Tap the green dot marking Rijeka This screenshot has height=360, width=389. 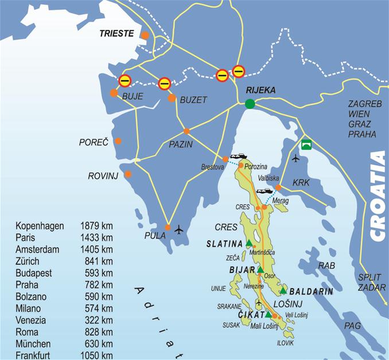[250, 104]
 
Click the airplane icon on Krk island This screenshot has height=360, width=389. [295, 158]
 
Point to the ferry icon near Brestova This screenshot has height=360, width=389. [238, 156]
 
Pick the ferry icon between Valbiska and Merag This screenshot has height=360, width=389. [264, 191]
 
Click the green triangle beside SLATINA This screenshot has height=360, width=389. [249, 244]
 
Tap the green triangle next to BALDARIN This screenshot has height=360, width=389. [283, 291]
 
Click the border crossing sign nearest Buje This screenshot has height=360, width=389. [125, 81]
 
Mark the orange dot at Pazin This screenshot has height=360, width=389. [186, 131]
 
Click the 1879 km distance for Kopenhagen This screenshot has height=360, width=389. [97, 226]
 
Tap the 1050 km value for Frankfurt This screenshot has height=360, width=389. [97, 355]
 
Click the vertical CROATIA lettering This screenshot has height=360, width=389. [378, 195]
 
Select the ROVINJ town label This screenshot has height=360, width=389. [103, 176]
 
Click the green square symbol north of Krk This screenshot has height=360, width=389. [306, 144]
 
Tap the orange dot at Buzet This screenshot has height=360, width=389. [172, 98]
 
